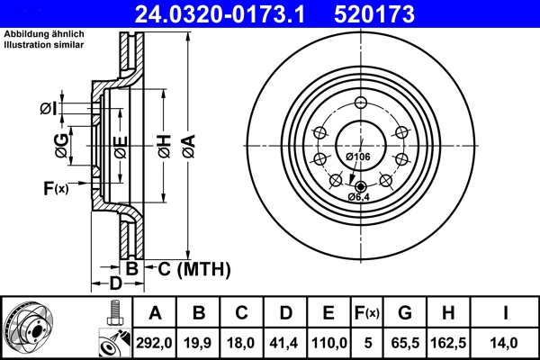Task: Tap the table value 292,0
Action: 155,343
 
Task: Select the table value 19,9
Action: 200,343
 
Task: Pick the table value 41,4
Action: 285,343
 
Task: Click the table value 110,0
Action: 329,343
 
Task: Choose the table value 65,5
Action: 405,343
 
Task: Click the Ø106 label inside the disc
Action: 358,157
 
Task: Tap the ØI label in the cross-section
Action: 49,109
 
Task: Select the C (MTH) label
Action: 194,268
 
